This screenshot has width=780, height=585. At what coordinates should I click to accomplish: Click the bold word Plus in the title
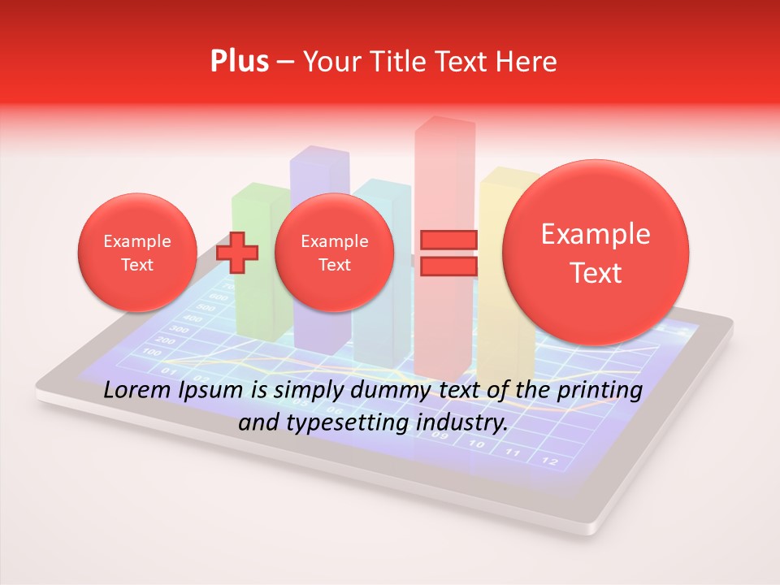[x=239, y=61]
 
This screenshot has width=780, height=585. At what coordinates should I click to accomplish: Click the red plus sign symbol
[x=237, y=253]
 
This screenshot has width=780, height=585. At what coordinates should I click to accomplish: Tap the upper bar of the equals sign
[x=448, y=240]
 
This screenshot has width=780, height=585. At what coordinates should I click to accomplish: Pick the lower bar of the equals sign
[x=448, y=266]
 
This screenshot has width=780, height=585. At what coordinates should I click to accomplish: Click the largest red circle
[x=596, y=253]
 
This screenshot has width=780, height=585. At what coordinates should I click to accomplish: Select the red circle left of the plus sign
[x=136, y=253]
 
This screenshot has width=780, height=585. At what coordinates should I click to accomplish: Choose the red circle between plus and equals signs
[x=334, y=253]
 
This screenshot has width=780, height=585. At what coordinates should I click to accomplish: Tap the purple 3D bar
[x=318, y=171]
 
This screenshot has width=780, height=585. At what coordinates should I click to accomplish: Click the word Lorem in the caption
[x=135, y=391]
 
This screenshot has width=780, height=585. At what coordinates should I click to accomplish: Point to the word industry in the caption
[x=468, y=422]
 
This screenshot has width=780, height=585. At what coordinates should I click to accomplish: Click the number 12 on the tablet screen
[x=550, y=461]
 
